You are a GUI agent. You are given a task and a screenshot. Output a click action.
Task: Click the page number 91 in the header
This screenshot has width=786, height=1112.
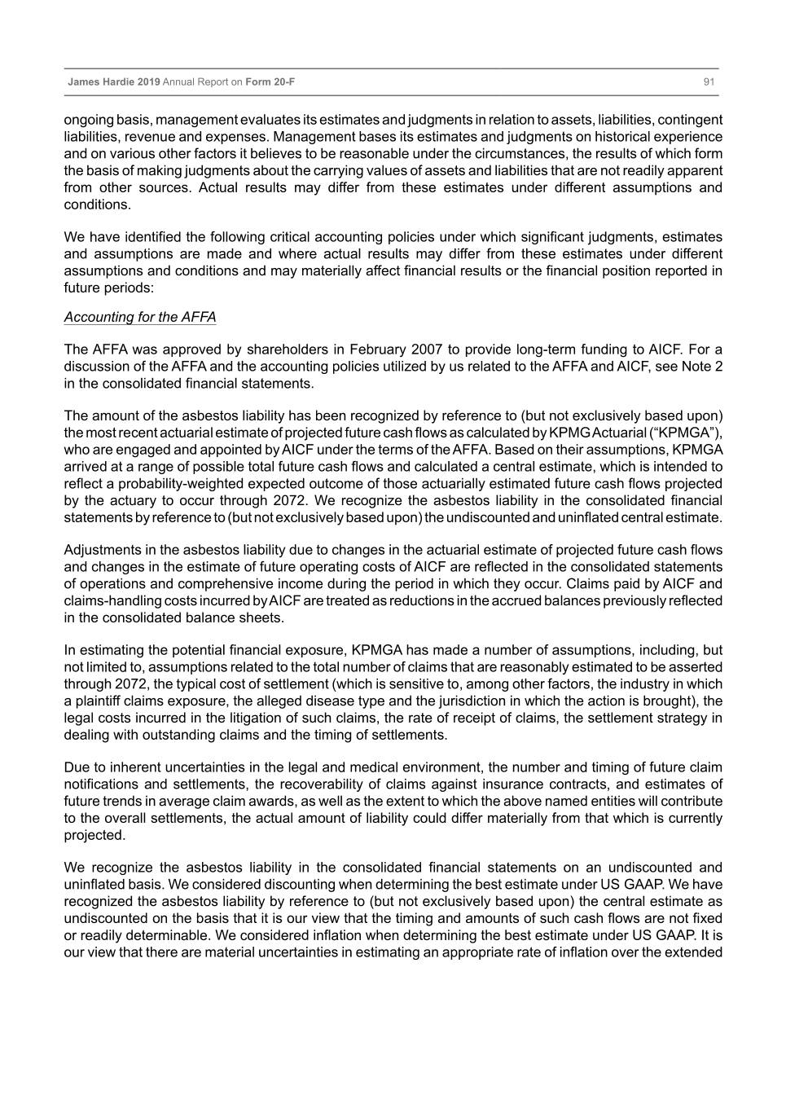tap(709, 82)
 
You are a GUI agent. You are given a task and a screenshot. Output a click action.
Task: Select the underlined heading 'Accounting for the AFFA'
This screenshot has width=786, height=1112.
tap(140, 317)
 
